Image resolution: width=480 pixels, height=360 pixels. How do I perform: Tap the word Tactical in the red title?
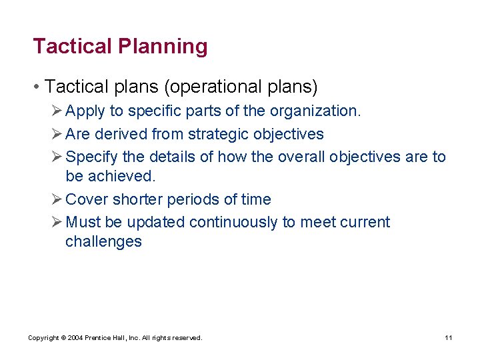73,47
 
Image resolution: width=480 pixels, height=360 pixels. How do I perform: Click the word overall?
296,157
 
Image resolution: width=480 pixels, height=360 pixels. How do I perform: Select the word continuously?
233,223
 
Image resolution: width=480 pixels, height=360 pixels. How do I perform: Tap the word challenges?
103,242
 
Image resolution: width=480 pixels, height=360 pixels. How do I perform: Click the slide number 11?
449,338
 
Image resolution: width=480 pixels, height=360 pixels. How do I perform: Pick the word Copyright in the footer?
43,338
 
